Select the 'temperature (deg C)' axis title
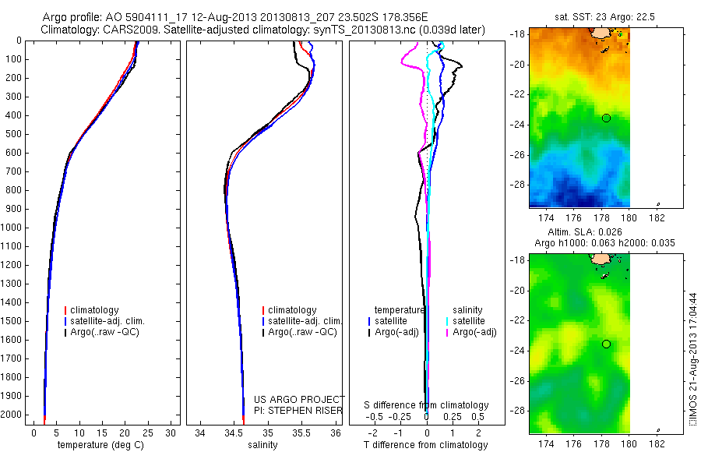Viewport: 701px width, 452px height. coord(101,445)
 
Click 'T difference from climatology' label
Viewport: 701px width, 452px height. coord(426,445)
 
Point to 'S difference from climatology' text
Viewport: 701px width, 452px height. coord(426,405)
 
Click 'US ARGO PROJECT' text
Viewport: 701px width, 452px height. coord(298,399)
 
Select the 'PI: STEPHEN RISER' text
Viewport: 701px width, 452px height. coord(298,410)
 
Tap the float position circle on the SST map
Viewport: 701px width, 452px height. coord(606,118)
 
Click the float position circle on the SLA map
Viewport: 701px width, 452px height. coord(606,344)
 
